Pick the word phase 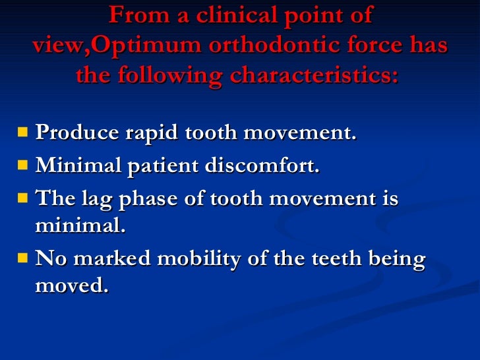(144, 198)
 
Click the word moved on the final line (71, 287)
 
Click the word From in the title (133, 14)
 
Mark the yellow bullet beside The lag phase (23, 197)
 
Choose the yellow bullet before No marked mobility (23, 258)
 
